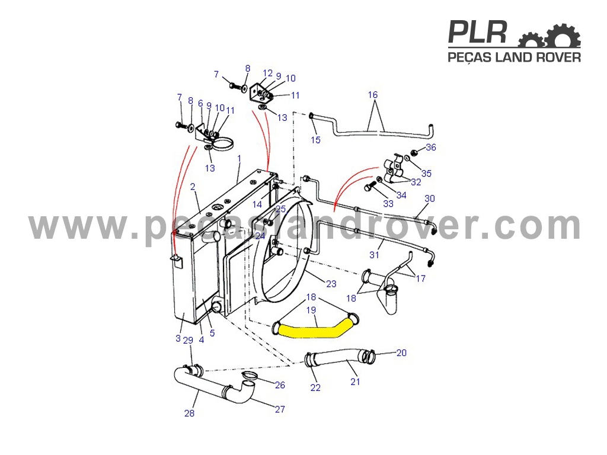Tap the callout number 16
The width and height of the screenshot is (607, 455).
pyautogui.click(x=372, y=95)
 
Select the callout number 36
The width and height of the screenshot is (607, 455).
pyautogui.click(x=431, y=148)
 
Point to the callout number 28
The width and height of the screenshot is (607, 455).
pyautogui.click(x=189, y=413)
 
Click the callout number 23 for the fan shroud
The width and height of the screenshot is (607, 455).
pyautogui.click(x=331, y=284)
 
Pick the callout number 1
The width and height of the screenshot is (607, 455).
pyautogui.click(x=239, y=158)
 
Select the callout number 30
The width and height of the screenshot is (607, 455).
pyautogui.click(x=430, y=198)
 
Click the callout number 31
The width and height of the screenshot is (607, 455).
pyautogui.click(x=374, y=255)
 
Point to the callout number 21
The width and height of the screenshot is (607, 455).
pyautogui.click(x=355, y=382)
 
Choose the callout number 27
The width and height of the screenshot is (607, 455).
pyautogui.click(x=280, y=409)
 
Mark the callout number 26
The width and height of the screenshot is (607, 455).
pyautogui.click(x=280, y=385)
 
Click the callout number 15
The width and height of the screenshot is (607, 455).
pyautogui.click(x=315, y=140)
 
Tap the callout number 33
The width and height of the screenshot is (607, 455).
pyautogui.click(x=388, y=204)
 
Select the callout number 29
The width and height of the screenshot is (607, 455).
pyautogui.click(x=188, y=341)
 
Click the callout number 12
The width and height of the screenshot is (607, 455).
pyautogui.click(x=267, y=73)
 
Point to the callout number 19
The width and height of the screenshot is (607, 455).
pyautogui.click(x=311, y=310)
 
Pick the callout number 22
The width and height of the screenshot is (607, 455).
pyautogui.click(x=315, y=387)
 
